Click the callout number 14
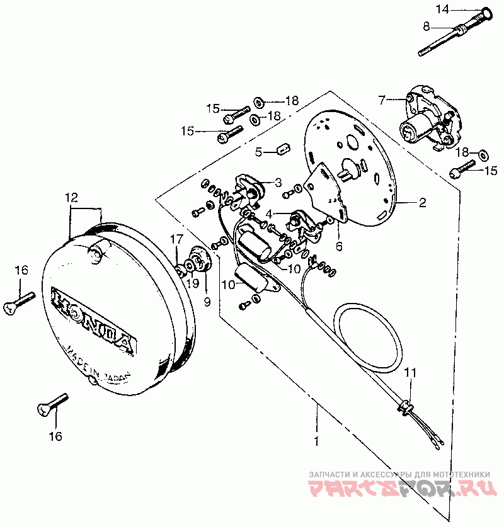click(444, 9)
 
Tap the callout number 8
click(426, 26)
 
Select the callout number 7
click(381, 100)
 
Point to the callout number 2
click(423, 203)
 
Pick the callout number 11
click(410, 373)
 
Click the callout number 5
click(258, 151)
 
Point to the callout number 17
click(176, 239)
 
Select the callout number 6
click(339, 247)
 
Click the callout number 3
click(278, 182)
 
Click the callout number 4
click(269, 213)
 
